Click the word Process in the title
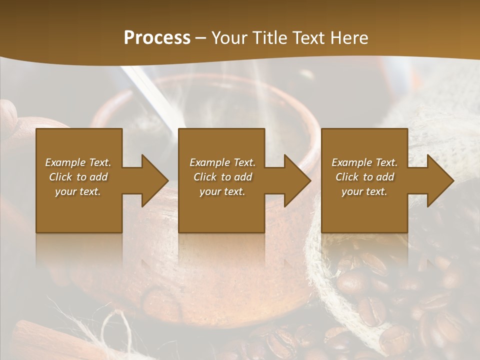click(157, 38)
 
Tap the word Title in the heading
click(268, 38)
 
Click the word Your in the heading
click(230, 38)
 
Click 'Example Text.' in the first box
click(78, 162)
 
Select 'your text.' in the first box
click(78, 191)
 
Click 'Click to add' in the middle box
click(222, 177)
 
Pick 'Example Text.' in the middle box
click(222, 162)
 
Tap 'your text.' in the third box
click(364, 191)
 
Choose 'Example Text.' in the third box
click(364, 162)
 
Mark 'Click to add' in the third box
click(364, 177)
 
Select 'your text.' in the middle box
click(222, 191)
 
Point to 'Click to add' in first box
click(78, 177)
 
